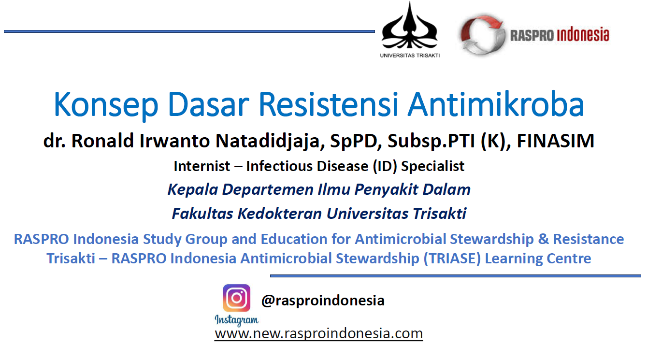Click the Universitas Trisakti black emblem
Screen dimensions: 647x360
click(409, 26)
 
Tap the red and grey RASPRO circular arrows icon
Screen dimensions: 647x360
click(482, 35)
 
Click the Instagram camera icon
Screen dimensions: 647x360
click(237, 298)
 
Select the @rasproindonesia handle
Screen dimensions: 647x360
click(323, 301)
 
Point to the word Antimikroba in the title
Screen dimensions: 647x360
click(496, 103)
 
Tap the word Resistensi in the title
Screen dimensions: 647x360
click(329, 103)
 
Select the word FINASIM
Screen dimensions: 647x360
click(556, 141)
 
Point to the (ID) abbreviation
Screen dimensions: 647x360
click(385, 166)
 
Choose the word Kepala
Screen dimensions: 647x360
click(193, 190)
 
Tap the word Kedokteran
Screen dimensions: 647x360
click(280, 214)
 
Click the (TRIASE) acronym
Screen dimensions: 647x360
click(452, 259)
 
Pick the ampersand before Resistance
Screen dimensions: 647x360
click(543, 239)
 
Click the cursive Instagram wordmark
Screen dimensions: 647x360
click(237, 320)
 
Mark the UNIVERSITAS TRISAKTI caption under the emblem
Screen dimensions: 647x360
click(410, 56)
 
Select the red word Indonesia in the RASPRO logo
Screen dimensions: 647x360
click(583, 35)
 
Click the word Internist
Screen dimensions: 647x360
click(202, 166)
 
